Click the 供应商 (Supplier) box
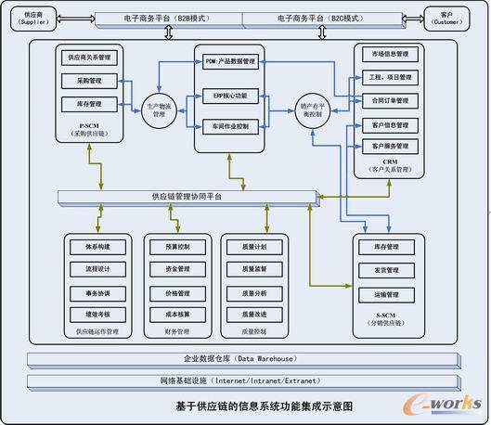coord(32,19)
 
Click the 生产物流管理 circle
coord(159,109)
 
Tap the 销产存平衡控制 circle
coord(314,109)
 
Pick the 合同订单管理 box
coord(390,100)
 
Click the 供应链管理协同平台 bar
coord(187,197)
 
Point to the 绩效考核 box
coord(98,315)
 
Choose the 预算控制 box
coord(176,248)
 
